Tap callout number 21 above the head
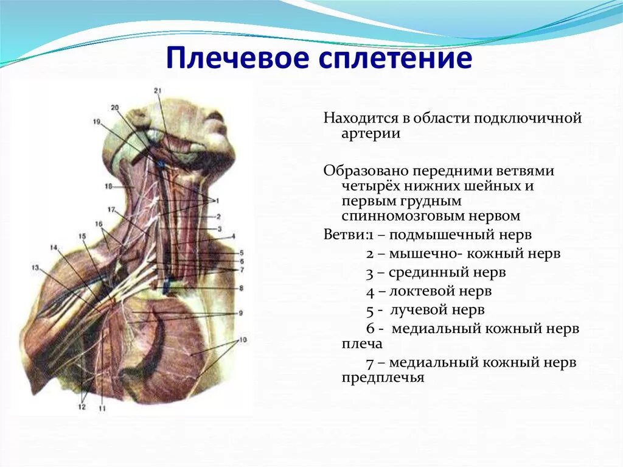158,91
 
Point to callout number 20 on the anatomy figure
115,108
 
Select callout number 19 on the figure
97,122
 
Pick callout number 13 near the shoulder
35,267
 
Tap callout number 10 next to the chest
243,339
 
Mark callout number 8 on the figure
241,287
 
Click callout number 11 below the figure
102,408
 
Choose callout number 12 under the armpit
82,407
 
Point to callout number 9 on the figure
241,312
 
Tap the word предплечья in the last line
383,377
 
